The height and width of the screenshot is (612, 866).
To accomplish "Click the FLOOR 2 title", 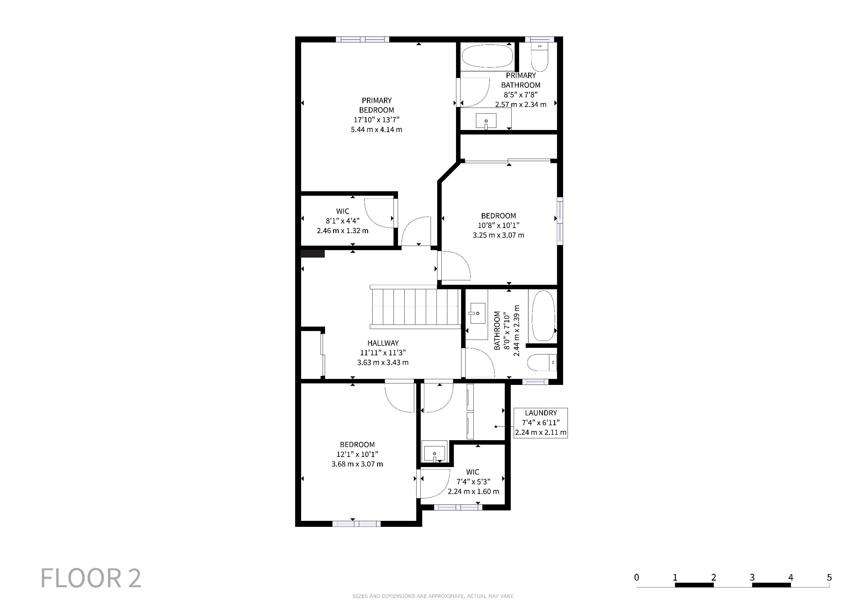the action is pos(91,578).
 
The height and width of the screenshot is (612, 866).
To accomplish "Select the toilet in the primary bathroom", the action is pos(540,57).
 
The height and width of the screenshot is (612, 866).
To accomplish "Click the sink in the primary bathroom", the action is pos(486,121).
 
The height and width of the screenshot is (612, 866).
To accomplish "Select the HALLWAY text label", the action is pos(383,343).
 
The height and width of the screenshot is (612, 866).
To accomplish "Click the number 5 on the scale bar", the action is pos(829,577).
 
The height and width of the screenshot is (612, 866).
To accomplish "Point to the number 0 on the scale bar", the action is pos(637,577).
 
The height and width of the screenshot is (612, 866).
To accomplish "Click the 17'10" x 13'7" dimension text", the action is pos(376,120).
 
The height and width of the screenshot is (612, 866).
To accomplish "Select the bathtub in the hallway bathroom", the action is pos(543,316).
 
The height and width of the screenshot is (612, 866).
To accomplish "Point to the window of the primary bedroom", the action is pos(362,39).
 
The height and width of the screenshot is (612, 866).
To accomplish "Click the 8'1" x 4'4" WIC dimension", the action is pos(342,221).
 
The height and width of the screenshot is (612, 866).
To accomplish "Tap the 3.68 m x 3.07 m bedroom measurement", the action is pos(357,464).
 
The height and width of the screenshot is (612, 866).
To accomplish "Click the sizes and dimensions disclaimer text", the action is pos(433,596).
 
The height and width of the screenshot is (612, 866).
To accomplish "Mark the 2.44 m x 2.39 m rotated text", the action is pos(516,331).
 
